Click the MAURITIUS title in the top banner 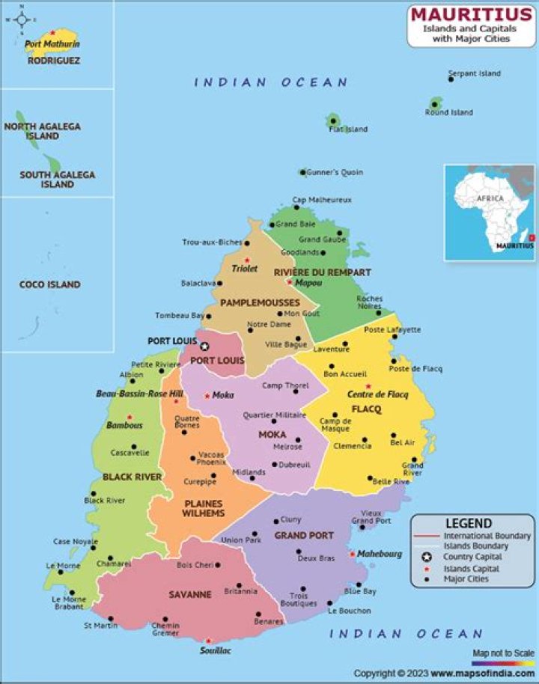(471, 14)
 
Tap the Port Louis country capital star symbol (204, 346)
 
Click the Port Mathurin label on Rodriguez (52, 44)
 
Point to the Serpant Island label (474, 73)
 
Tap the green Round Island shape (436, 103)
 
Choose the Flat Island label (348, 129)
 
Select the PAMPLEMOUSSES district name (260, 302)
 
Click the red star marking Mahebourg (352, 554)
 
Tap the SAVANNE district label (189, 595)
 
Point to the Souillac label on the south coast (215, 651)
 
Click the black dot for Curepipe (213, 475)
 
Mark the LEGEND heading (469, 524)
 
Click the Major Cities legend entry (465, 578)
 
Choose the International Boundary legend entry (487, 536)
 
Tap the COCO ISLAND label (49, 284)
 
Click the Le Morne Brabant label (68, 603)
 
